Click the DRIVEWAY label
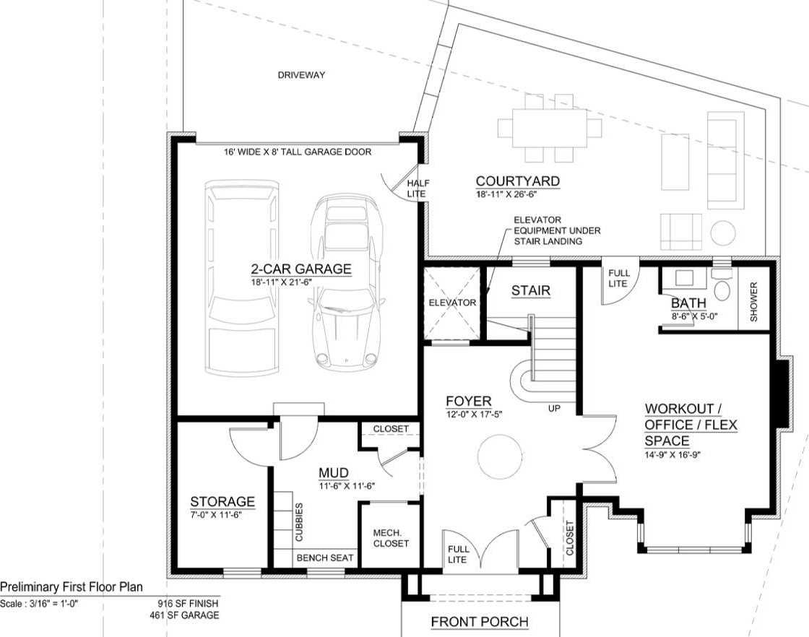pyautogui.click(x=301, y=75)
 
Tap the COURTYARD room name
pyautogui.click(x=517, y=181)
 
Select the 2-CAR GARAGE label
pyautogui.click(x=301, y=269)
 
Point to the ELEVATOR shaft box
pyautogui.click(x=452, y=303)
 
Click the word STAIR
pyautogui.click(x=531, y=291)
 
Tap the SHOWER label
pyautogui.click(x=754, y=303)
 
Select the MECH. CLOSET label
pyautogui.click(x=391, y=538)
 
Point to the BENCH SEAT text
pyautogui.click(x=325, y=558)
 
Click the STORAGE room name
pyautogui.click(x=222, y=501)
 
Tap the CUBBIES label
pyautogui.click(x=299, y=521)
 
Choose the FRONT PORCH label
pyautogui.click(x=480, y=622)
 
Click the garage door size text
pyautogui.click(x=298, y=152)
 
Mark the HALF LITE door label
pyautogui.click(x=418, y=188)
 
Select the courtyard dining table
pyautogui.click(x=550, y=127)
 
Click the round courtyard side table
pyautogui.click(x=723, y=233)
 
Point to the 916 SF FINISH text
pyautogui.click(x=188, y=603)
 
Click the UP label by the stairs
pyautogui.click(x=554, y=409)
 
